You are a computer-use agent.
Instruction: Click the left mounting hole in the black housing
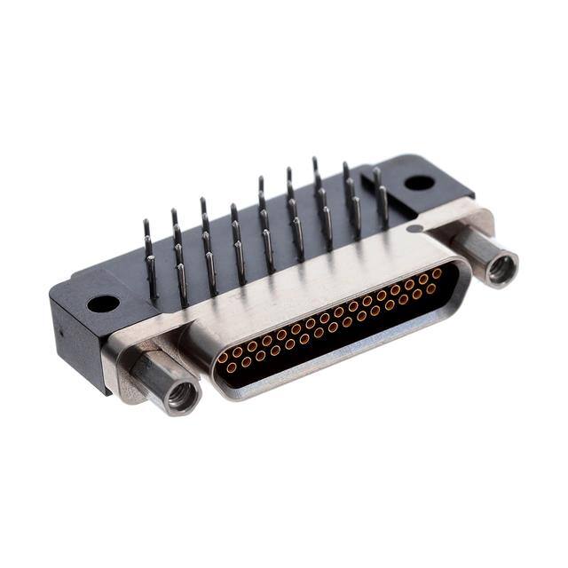[x=103, y=304]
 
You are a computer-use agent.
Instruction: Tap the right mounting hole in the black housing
[x=419, y=183]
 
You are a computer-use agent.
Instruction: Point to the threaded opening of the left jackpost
[x=184, y=397]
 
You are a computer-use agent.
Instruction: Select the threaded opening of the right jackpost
[x=502, y=268]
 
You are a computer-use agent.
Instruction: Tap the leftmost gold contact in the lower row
[x=232, y=367]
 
